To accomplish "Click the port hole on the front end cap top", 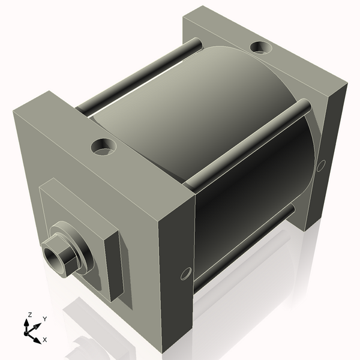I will [104, 146].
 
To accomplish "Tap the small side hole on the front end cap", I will [184, 274].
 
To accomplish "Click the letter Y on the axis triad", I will [45, 319].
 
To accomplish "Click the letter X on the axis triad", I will [45, 340].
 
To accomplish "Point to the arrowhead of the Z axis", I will [26, 322].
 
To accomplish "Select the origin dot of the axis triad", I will [29, 329].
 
